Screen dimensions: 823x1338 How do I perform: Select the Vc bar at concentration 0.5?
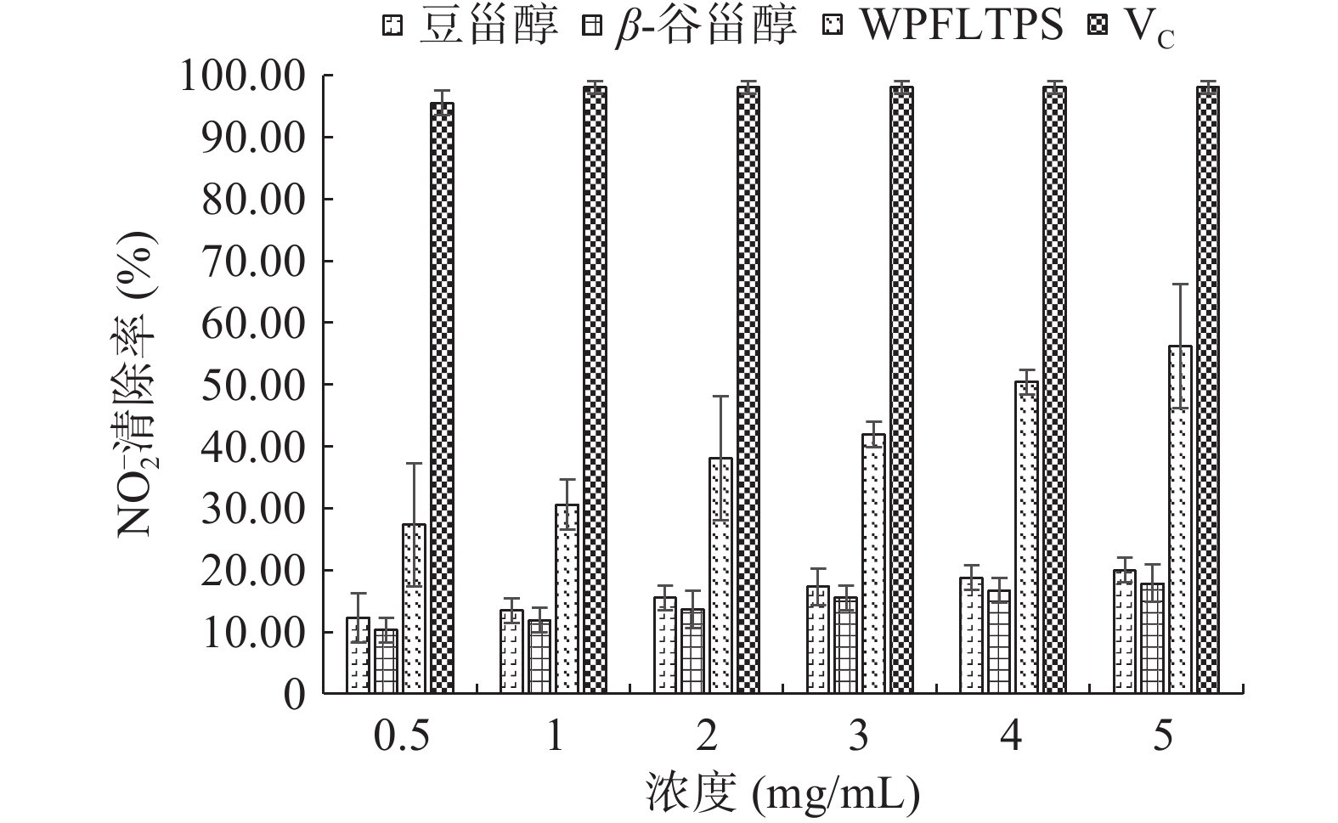pyautogui.click(x=442, y=397)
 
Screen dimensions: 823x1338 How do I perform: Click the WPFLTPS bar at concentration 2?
pyautogui.click(x=720, y=576)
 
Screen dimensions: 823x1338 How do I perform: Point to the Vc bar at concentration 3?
pyautogui.click(x=901, y=390)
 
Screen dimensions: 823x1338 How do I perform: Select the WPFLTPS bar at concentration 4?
pyautogui.click(x=1026, y=537)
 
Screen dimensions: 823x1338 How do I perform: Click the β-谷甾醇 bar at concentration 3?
pyautogui.click(x=845, y=645)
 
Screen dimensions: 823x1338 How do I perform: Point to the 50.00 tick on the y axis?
pyautogui.click(x=254, y=385)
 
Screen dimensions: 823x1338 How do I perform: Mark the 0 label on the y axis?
pyautogui.click(x=294, y=695)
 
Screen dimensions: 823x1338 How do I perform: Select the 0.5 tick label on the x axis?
pyautogui.click(x=402, y=736)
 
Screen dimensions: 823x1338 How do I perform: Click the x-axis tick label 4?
pyautogui.click(x=1010, y=736)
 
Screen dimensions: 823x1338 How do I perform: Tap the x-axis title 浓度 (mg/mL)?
pyautogui.click(x=782, y=794)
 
